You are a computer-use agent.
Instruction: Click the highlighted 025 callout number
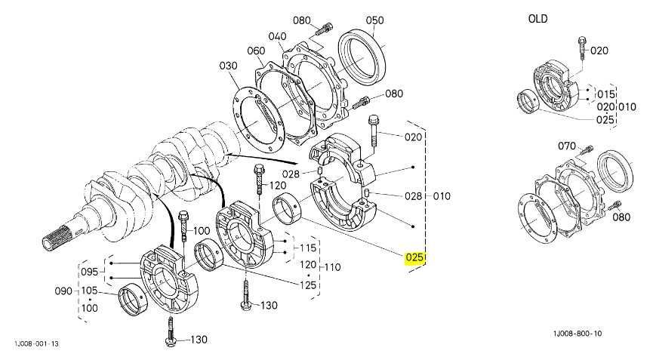[414, 257]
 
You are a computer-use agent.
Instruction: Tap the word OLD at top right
[537, 19]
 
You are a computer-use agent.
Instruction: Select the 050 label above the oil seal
[375, 20]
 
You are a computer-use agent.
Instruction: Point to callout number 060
[256, 51]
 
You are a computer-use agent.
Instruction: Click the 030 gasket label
[228, 66]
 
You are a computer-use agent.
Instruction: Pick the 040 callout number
[277, 36]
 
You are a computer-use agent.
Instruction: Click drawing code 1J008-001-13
[36, 343]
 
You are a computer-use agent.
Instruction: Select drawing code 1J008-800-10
[577, 334]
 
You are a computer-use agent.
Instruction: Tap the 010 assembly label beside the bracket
[442, 195]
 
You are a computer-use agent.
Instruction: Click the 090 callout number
[63, 291]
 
